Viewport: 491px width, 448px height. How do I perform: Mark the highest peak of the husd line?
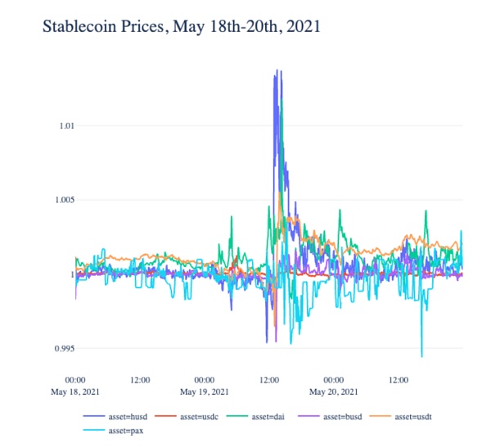pos(277,70)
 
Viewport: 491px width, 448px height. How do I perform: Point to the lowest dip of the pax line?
pos(421,356)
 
